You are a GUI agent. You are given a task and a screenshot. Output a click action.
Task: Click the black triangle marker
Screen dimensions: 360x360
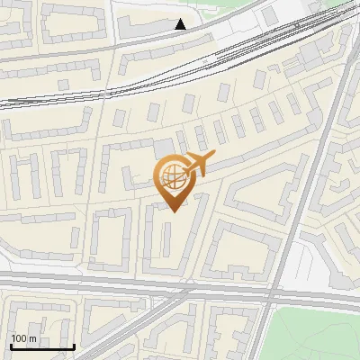tap(181, 24)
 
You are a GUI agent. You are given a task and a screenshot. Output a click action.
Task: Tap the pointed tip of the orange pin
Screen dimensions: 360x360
tap(172, 211)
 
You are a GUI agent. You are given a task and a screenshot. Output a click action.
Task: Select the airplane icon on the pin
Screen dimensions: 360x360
tap(197, 165)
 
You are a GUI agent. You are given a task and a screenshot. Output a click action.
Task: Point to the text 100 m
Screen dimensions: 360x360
tap(23, 337)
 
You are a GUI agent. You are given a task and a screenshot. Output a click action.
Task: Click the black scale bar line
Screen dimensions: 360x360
tap(42, 346)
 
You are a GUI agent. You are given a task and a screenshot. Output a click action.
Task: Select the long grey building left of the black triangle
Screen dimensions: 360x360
tap(148, 29)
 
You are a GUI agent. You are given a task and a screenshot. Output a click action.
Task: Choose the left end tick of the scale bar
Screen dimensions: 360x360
tap(11, 345)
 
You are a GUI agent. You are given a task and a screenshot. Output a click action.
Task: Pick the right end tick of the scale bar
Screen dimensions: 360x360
tap(74, 345)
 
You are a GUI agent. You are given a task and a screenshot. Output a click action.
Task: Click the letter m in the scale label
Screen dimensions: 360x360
tap(32, 337)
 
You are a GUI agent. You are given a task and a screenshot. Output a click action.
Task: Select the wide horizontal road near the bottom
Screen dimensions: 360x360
tap(135, 285)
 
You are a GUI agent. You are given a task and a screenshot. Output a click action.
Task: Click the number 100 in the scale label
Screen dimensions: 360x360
tap(19, 337)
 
